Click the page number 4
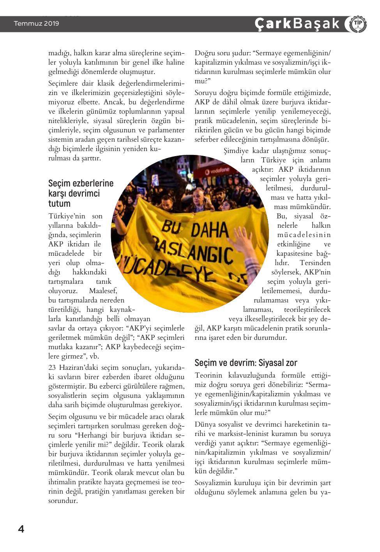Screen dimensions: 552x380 coord(21,529)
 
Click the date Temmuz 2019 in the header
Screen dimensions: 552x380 coord(37,24)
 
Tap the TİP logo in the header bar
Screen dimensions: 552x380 coord(355,24)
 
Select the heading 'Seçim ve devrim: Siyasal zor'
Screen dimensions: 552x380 coord(246,363)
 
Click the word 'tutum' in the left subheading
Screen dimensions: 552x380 coord(59,204)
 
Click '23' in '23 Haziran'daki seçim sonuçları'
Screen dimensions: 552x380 coord(52,367)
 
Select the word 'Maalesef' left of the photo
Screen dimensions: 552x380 coord(103,291)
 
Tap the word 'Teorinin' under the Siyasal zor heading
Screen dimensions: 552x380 coord(208,375)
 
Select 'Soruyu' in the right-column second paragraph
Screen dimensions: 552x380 coord(206,93)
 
